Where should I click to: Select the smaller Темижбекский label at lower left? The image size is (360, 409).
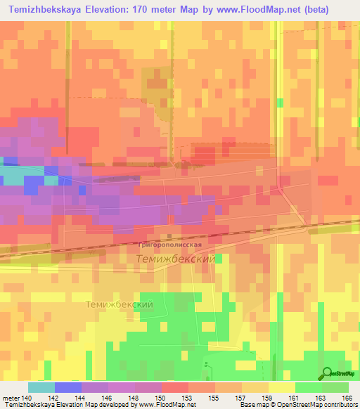119,304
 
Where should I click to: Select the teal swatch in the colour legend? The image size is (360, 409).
41,387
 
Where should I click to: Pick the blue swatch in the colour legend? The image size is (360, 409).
68,387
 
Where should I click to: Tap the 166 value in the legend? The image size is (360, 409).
345,397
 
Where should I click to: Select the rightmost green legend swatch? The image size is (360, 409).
335,387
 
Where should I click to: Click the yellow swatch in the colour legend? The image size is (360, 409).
282,387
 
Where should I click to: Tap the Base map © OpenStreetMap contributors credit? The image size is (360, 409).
297,405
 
